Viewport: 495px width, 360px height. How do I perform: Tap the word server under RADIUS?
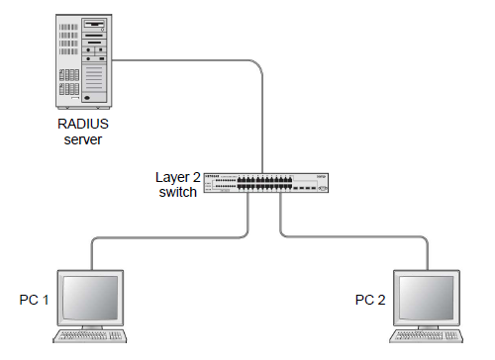(x=83, y=139)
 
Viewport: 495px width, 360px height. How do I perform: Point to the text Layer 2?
(x=177, y=177)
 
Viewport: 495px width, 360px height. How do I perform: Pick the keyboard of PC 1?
(x=91, y=338)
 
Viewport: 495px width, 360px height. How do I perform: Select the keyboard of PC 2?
(x=429, y=338)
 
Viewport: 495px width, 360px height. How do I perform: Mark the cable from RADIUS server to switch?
(x=261, y=109)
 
